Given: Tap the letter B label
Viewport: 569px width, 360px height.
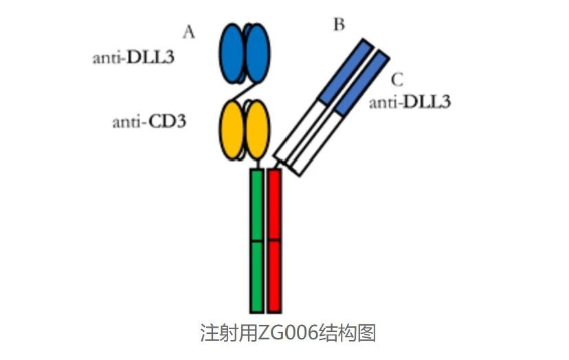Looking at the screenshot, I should click(339, 25).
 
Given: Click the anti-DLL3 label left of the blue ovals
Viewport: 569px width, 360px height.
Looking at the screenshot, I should click(133, 57).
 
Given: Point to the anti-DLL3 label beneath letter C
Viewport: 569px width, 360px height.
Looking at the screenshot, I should click(410, 103).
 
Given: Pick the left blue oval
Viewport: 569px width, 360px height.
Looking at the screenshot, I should click(233, 52).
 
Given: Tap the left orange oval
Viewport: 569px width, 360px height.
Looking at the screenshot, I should click(232, 129).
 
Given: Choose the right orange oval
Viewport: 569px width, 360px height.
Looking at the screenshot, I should click(257, 129).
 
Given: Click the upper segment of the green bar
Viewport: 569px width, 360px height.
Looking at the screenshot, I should click(257, 205).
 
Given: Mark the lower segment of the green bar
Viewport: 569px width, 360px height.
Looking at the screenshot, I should click(257, 275).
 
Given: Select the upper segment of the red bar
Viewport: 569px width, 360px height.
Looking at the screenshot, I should click(274, 205).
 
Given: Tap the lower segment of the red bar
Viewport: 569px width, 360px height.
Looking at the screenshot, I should click(274, 275).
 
